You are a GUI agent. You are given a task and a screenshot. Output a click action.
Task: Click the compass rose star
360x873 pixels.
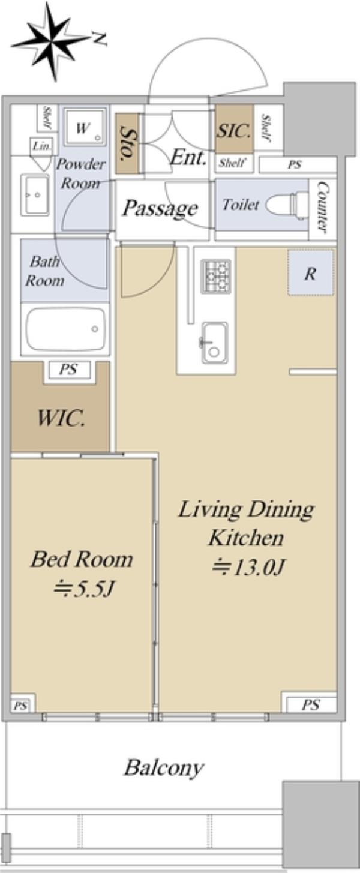pyautogui.click(x=52, y=42)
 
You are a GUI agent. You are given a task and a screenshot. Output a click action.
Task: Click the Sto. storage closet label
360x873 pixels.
pyautogui.click(x=127, y=143)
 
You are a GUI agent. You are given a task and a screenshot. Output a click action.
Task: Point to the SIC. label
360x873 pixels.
pyautogui.click(x=233, y=131)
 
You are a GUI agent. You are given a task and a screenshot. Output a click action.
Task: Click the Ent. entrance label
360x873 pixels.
pyautogui.click(x=188, y=158)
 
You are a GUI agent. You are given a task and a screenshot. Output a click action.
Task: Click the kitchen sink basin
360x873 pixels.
pyautogui.click(x=214, y=343)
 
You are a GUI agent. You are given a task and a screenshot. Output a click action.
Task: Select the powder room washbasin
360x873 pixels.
pyautogui.click(x=35, y=194)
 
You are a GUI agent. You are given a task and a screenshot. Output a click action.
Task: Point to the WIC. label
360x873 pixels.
pyautogui.click(x=61, y=419)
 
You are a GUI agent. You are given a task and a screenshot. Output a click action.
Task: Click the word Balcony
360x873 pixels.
pyautogui.click(x=164, y=768)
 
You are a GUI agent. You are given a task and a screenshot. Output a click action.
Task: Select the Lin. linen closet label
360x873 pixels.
pyautogui.click(x=41, y=146)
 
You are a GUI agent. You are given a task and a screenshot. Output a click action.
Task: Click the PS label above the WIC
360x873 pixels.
pyautogui.click(x=68, y=368)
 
